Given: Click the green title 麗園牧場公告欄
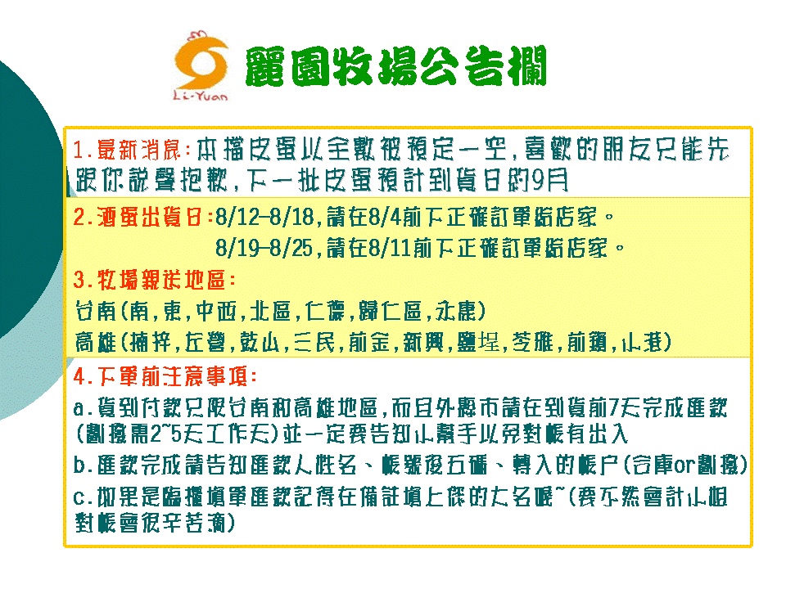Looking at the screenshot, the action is (x=395, y=66).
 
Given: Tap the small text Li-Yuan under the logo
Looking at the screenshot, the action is (x=201, y=96).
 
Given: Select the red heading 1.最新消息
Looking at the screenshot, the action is (x=132, y=150).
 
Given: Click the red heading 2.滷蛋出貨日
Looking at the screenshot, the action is (x=142, y=218).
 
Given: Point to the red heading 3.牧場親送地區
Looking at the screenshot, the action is (x=154, y=280).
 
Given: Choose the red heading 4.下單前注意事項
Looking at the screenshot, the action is (x=165, y=376).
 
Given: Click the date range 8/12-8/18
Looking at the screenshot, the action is (x=264, y=218).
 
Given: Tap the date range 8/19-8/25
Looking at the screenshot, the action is (x=264, y=248).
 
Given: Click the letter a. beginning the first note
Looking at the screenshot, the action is (x=82, y=409).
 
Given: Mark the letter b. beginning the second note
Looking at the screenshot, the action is (x=82, y=465).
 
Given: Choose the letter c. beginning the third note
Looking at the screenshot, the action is (x=82, y=497).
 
